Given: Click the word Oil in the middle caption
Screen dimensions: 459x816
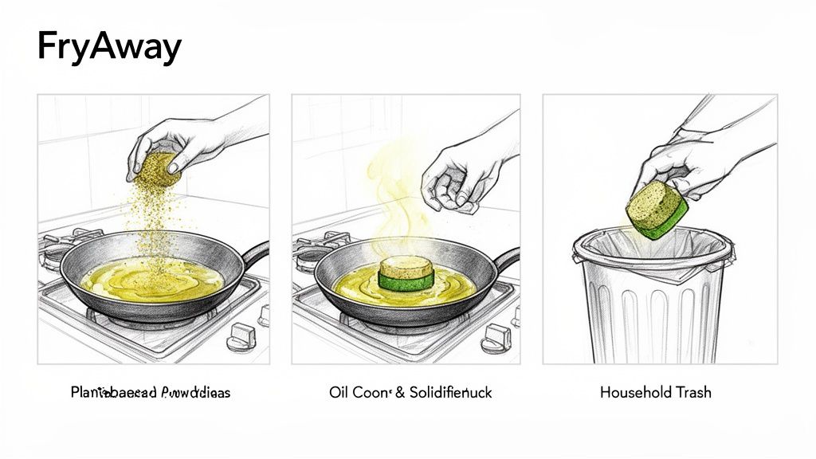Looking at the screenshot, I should pyautogui.click(x=339, y=392).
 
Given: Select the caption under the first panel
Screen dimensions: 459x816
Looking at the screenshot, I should pyautogui.click(x=150, y=392).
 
